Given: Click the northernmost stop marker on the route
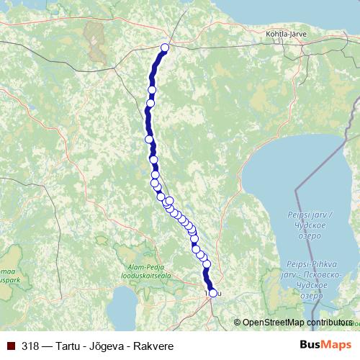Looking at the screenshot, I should pyautogui.click(x=164, y=48).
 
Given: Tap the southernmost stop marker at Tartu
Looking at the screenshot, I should pyautogui.click(x=212, y=292).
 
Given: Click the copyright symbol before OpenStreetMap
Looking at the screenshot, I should pyautogui.click(x=237, y=323).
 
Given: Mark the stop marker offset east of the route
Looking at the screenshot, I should pyautogui.click(x=169, y=202).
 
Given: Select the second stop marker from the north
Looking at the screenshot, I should pyautogui.click(x=152, y=89).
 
